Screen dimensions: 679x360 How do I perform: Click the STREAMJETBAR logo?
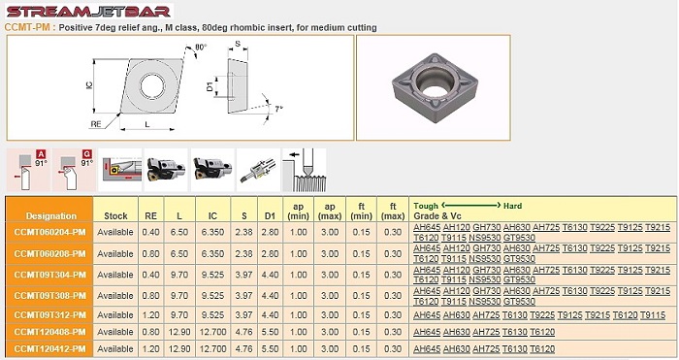pos(89,11)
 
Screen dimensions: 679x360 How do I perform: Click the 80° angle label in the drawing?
pos(201,47)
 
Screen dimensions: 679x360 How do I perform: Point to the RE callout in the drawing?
pos(96,124)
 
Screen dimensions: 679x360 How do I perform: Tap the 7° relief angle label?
pos(279,109)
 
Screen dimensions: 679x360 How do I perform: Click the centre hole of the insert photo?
pos(435,89)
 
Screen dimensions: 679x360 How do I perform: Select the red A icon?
pos(41,153)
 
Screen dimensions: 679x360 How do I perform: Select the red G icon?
pos(87,153)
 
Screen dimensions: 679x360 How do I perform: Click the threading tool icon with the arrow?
pos(304,170)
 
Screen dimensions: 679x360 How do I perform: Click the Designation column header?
pos(51,215)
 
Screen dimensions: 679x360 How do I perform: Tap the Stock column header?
pos(115,215)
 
